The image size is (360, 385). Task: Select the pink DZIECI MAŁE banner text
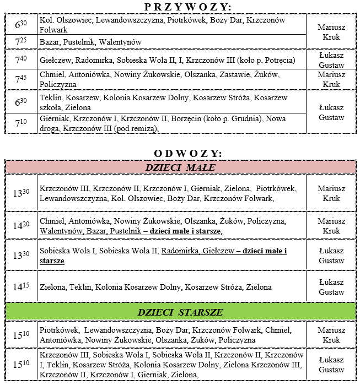180,167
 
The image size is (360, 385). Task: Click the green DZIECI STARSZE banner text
180,312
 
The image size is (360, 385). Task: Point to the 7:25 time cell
20,42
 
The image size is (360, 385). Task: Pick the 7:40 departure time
20,59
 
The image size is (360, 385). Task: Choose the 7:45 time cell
20,79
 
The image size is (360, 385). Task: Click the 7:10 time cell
20,123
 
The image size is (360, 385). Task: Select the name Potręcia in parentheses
278,59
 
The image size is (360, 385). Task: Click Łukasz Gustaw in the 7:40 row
331,60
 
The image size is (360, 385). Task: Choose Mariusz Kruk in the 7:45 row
331,79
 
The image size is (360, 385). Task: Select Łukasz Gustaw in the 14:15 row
331,287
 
